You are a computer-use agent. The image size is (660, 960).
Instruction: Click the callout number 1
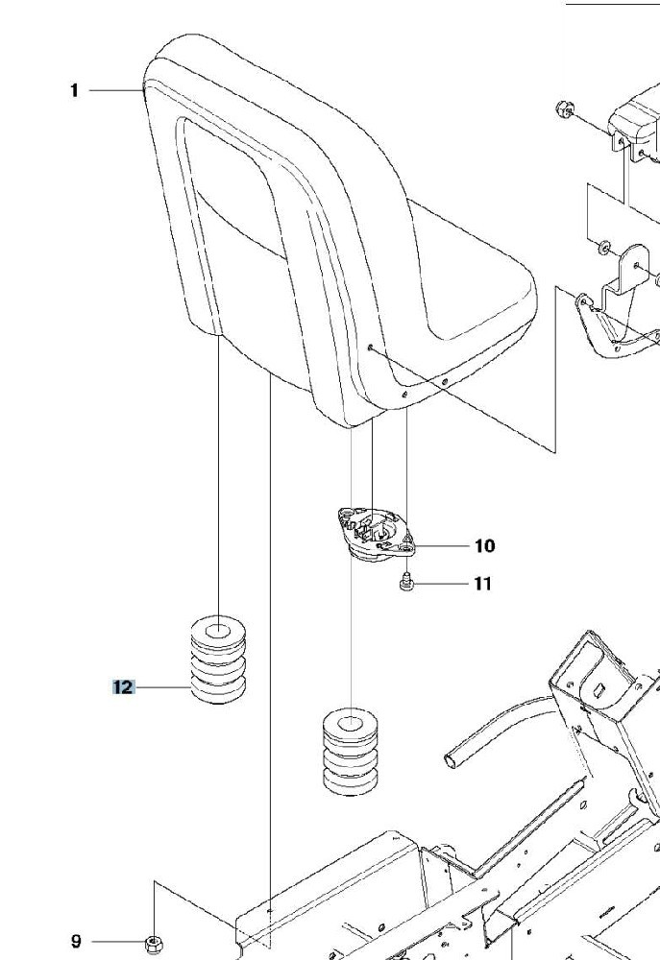pyautogui.click(x=74, y=90)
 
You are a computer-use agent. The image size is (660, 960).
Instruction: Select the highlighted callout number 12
pyautogui.click(x=123, y=687)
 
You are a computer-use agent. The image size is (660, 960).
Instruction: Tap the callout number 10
pyautogui.click(x=485, y=545)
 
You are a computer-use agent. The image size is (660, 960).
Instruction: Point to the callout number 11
pyautogui.click(x=483, y=584)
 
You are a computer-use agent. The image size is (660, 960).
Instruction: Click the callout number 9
pyautogui.click(x=76, y=941)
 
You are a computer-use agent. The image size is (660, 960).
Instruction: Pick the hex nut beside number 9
pyautogui.click(x=153, y=944)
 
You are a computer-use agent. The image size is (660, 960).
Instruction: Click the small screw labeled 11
pyautogui.click(x=405, y=582)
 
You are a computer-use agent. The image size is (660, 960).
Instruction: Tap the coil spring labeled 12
pyautogui.click(x=218, y=660)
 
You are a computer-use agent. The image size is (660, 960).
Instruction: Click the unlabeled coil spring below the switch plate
pyautogui.click(x=350, y=753)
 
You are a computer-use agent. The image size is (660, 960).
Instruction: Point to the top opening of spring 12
pyautogui.click(x=217, y=631)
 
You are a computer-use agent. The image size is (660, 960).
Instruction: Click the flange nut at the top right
pyautogui.click(x=565, y=109)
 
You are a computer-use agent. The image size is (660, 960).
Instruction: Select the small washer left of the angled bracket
pyautogui.click(x=603, y=247)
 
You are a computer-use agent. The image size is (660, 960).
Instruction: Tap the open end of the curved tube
pyautogui.click(x=451, y=760)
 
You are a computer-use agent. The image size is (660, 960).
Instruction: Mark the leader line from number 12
pyautogui.click(x=162, y=687)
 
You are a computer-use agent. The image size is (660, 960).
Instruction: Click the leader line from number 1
pyautogui.click(x=116, y=90)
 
